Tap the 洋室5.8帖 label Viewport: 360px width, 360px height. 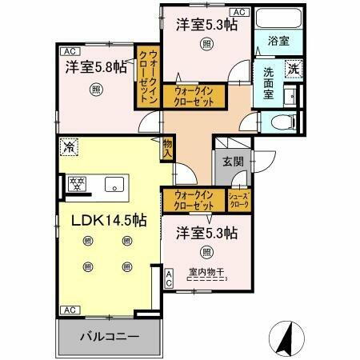[x=95, y=68]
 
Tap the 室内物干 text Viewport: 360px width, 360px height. [x=206, y=272]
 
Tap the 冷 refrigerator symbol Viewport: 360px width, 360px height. [x=70, y=147]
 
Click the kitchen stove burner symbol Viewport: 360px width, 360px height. [x=78, y=184]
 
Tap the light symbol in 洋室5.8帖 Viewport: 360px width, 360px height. [x=95, y=90]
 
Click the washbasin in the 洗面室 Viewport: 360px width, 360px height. [x=290, y=96]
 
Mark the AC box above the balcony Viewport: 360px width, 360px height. [x=69, y=310]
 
